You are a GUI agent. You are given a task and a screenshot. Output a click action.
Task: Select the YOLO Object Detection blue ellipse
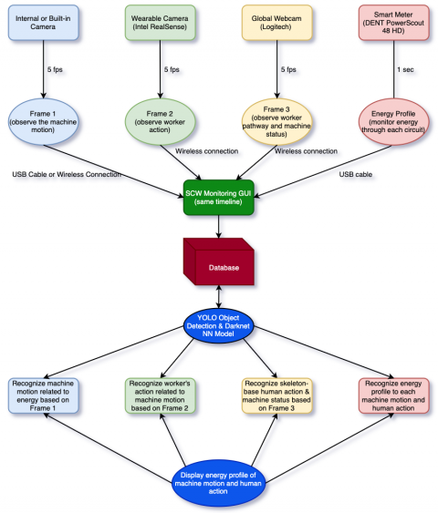pos(218,329)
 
